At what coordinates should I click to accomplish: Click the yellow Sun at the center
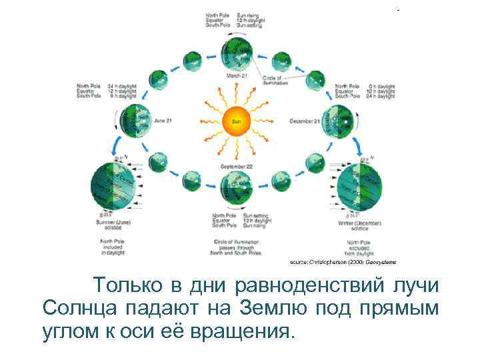[237, 121]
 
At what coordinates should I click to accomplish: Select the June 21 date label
[163, 121]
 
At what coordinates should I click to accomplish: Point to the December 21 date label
[305, 121]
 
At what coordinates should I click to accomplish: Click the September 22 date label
[236, 165]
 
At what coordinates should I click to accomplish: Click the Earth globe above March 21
[237, 53]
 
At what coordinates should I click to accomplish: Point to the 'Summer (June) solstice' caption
[114, 225]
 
